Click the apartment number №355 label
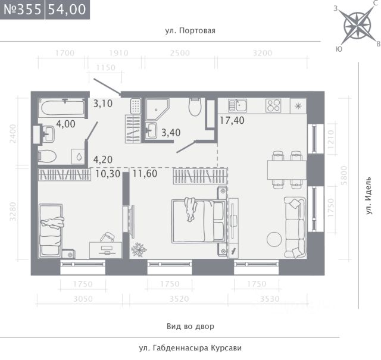point(23,10)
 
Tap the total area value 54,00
point(67,10)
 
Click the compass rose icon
point(357,25)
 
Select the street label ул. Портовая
point(190,30)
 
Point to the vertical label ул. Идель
point(369,196)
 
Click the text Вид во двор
point(190,326)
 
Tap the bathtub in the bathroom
point(63,108)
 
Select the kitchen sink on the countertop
point(238,105)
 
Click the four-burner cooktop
point(273,105)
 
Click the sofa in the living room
point(295,227)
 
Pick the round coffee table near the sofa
point(274,239)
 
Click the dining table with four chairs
point(287,170)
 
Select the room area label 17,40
point(232,120)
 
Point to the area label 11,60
point(145,173)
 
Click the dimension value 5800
point(344,175)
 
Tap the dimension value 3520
point(179,299)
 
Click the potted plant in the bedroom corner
point(139,249)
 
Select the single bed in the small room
point(51,230)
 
